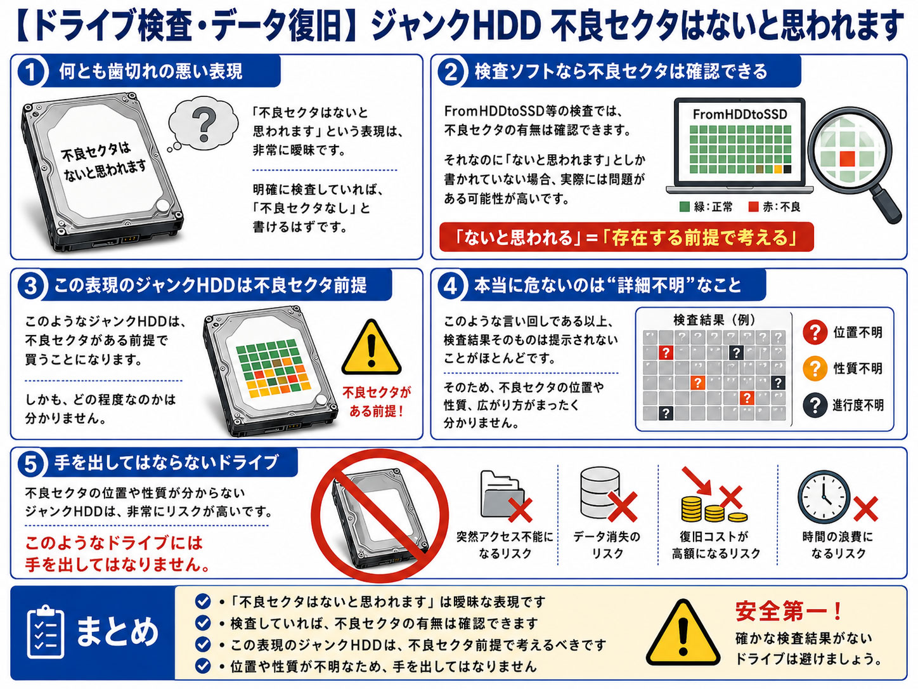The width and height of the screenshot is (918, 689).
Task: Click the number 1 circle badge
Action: [x=30, y=72]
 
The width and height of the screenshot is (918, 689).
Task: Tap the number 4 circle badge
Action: [x=450, y=287]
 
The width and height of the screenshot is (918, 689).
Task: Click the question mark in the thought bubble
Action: [x=204, y=124]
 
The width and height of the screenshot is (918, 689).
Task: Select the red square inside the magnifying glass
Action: [x=847, y=159]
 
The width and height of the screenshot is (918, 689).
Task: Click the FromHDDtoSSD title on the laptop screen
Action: [x=740, y=114]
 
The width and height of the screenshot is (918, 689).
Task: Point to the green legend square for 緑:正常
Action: [x=685, y=207]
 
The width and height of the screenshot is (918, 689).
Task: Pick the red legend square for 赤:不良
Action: [x=753, y=207]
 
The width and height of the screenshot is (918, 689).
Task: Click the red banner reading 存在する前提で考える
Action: [x=626, y=237]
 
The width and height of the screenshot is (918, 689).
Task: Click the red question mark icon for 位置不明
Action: [x=815, y=332]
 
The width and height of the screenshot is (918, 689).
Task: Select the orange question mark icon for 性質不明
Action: [x=815, y=369]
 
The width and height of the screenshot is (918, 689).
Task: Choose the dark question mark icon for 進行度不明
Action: [x=815, y=405]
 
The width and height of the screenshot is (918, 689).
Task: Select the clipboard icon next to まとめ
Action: [x=46, y=632]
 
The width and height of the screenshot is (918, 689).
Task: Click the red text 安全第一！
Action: [x=789, y=611]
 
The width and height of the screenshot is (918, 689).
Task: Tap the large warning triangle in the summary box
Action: [x=683, y=633]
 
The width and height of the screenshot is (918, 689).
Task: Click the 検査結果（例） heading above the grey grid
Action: [x=714, y=320]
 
